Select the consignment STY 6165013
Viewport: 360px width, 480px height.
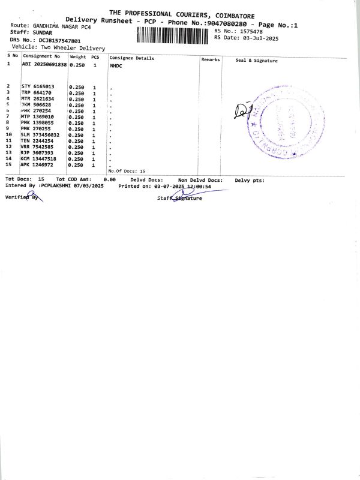tap(38, 86)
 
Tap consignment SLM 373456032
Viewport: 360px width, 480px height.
tap(40, 134)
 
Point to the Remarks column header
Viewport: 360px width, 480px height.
tap(211, 59)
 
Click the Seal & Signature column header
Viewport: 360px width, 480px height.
tap(256, 60)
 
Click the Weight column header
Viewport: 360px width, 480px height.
tap(78, 57)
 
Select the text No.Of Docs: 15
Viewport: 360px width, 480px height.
tap(127, 171)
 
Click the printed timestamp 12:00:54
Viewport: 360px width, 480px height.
tap(199, 187)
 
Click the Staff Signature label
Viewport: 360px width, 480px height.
tap(179, 199)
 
